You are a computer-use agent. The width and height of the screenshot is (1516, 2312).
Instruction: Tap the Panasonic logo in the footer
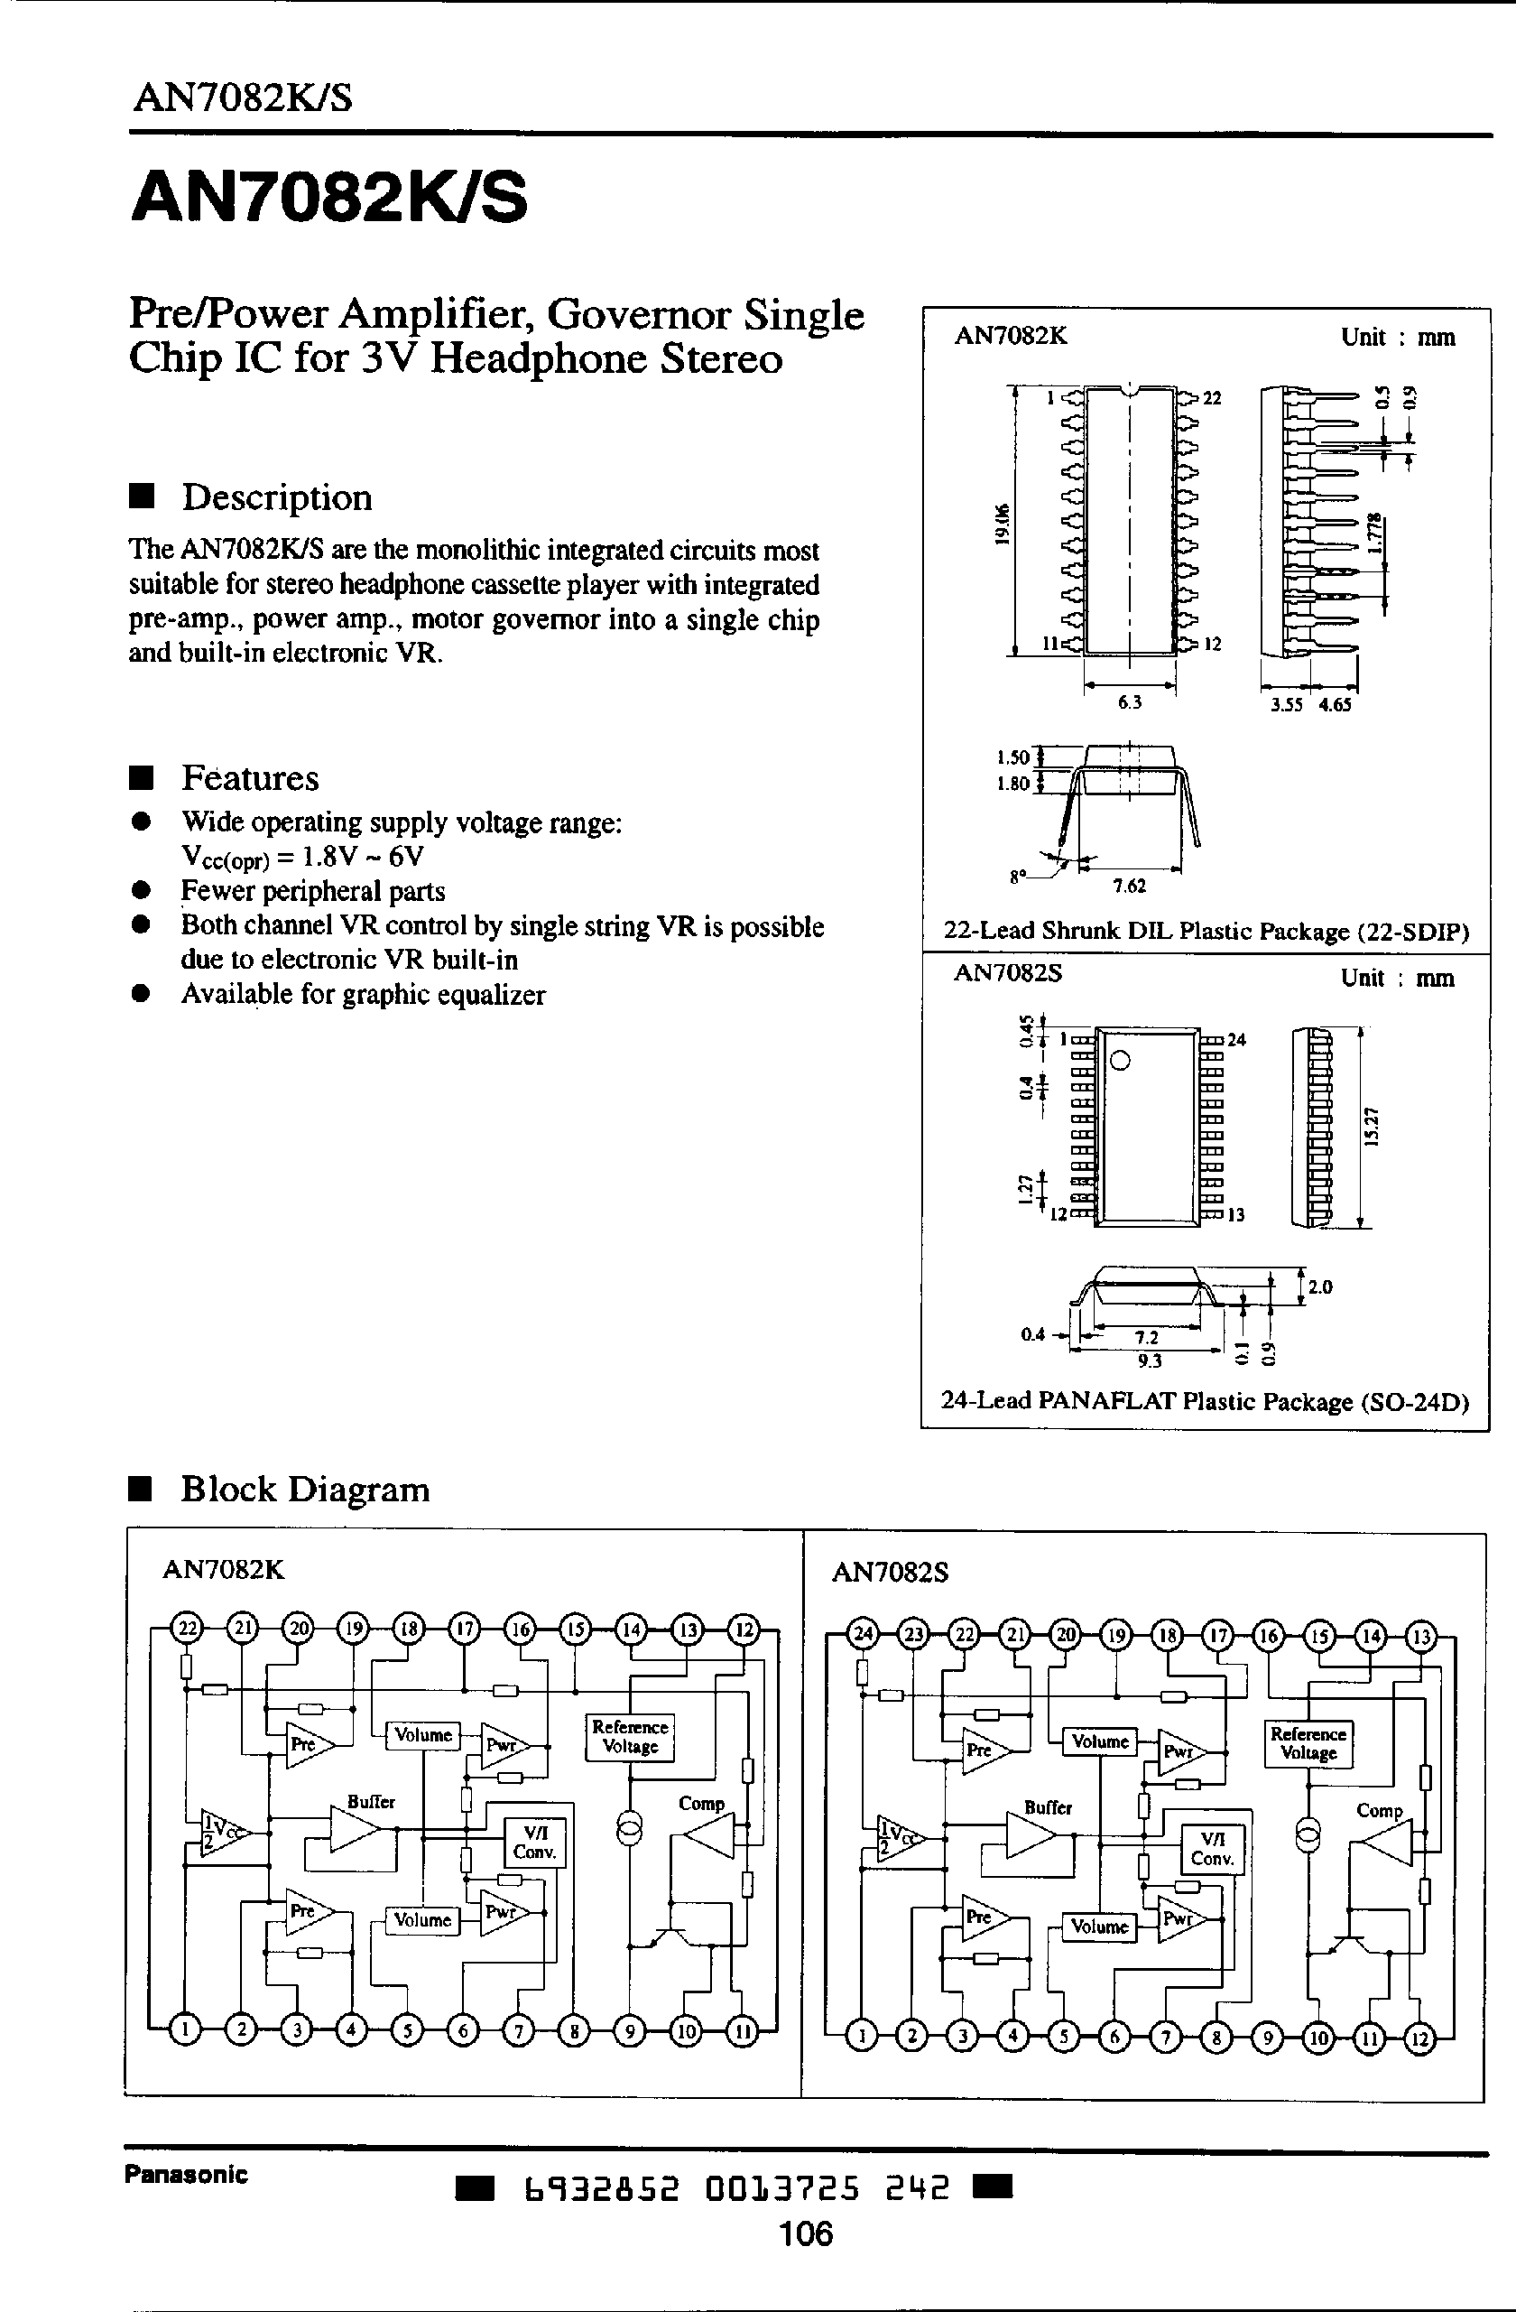(186, 2174)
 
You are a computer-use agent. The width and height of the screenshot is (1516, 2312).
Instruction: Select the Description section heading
(277, 497)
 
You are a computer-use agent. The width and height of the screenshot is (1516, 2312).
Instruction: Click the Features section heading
(250, 778)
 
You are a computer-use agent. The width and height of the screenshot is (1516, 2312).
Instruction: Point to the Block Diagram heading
(304, 1490)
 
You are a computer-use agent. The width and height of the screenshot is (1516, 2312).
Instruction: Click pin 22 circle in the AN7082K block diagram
(186, 1628)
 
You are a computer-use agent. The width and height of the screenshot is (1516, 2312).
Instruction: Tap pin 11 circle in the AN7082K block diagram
(742, 2031)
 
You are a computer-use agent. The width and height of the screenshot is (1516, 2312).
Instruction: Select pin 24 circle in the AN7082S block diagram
(863, 1635)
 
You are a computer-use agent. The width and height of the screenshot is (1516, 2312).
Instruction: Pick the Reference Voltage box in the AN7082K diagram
(629, 1737)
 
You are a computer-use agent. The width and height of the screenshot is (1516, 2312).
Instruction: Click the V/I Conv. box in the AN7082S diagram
(1212, 1849)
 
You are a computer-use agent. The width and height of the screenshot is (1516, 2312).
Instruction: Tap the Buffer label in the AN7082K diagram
(371, 1802)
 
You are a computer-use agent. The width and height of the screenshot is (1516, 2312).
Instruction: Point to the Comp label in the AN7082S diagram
(1379, 1811)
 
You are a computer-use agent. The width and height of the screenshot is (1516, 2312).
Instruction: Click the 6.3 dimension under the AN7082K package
(1130, 702)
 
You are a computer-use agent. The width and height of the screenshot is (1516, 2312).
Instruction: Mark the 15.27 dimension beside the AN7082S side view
(1373, 1127)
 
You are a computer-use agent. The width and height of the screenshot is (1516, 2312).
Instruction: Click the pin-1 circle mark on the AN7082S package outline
(1119, 1061)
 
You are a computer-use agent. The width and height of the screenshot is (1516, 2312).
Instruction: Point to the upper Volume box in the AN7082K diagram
(422, 1735)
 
